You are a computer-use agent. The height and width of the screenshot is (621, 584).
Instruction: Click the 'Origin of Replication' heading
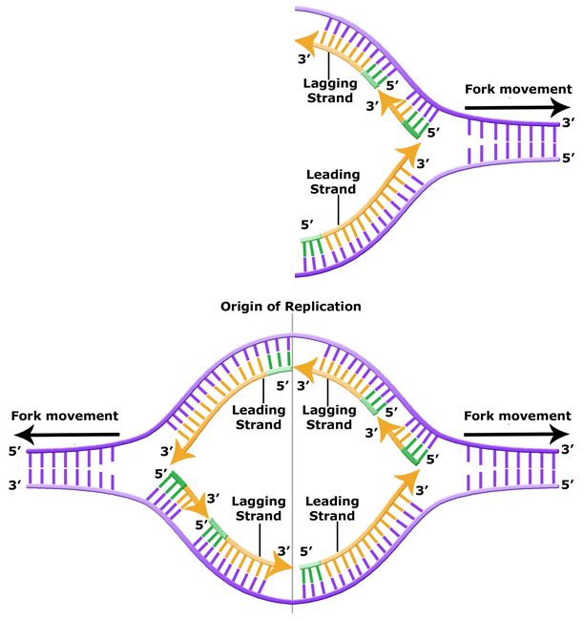click(291, 307)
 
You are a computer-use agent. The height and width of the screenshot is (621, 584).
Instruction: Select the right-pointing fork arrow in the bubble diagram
click(516, 433)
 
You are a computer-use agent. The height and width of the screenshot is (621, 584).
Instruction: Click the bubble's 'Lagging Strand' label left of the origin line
click(256, 509)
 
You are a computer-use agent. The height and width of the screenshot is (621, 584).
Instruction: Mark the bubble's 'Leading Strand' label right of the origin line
click(333, 508)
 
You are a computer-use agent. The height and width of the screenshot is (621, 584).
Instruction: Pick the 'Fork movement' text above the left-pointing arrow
click(63, 416)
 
